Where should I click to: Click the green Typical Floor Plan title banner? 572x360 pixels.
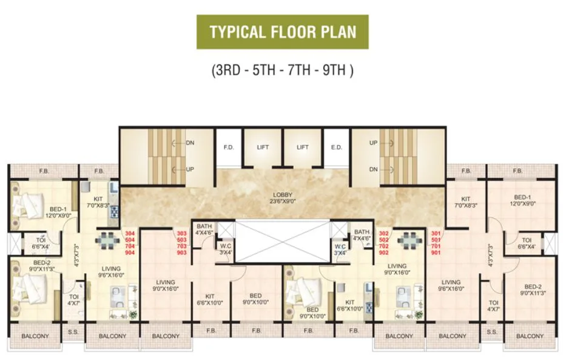(x=282, y=32)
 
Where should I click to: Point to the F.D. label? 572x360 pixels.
(x=229, y=148)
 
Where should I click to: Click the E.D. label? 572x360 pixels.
(x=337, y=148)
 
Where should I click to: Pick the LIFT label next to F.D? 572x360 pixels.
(x=263, y=148)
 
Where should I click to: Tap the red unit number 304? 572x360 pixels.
(x=130, y=233)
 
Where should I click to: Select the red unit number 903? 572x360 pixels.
(x=181, y=252)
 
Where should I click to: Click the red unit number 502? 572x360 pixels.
(x=383, y=239)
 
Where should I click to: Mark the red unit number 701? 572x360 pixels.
(x=435, y=246)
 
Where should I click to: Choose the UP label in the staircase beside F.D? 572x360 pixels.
(x=190, y=169)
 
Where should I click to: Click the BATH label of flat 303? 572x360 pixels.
(x=203, y=226)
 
